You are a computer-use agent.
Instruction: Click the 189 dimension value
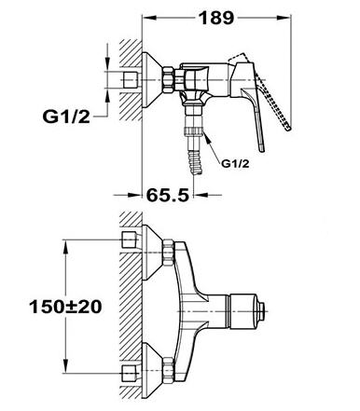tap(216, 18)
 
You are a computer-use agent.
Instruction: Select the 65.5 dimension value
tap(168, 195)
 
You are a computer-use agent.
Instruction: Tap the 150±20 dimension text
tap(65, 307)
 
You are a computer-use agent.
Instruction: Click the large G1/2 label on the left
tap(66, 116)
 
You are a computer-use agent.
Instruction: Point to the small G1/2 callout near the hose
tap(235, 164)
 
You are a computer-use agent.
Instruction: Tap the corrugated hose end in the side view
tap(194, 164)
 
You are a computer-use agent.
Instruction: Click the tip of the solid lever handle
tap(262, 150)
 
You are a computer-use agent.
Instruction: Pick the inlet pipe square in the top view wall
tap(131, 80)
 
